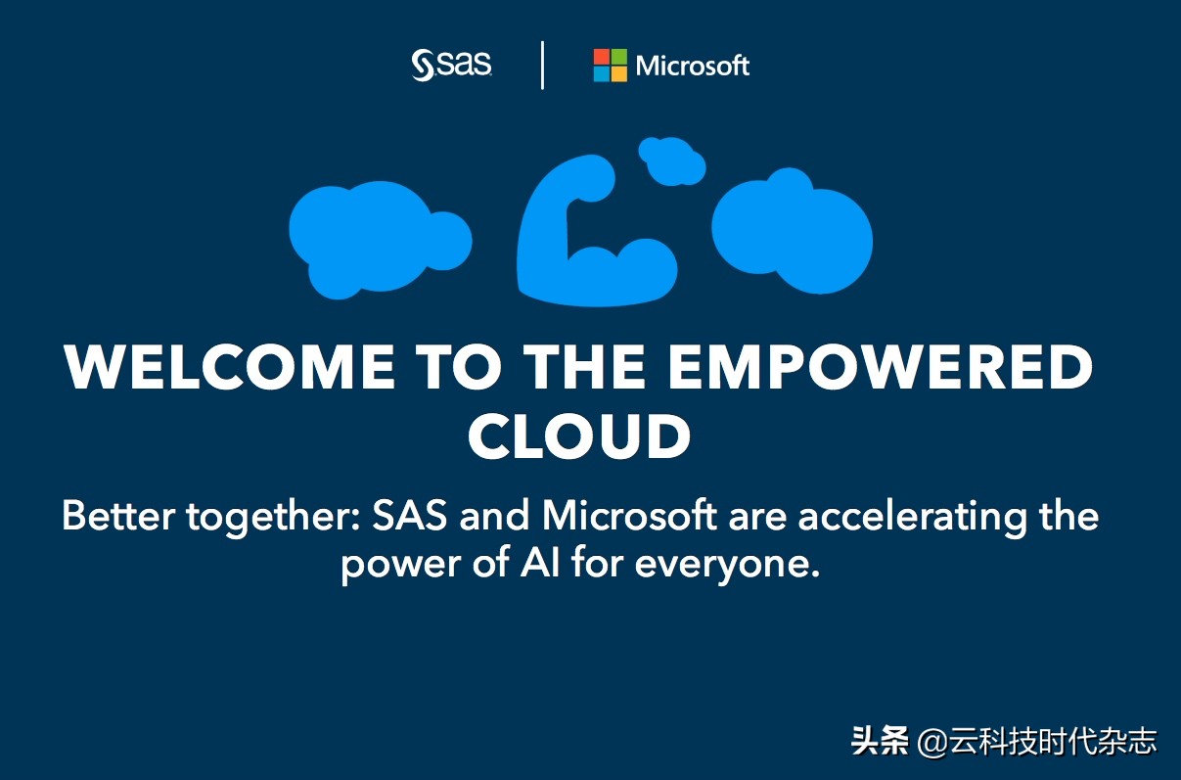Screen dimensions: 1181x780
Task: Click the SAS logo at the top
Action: [451, 65]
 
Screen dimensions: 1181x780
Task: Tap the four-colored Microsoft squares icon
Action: [610, 66]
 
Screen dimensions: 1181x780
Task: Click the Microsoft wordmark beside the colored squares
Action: [692, 66]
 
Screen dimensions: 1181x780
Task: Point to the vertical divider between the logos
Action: [542, 66]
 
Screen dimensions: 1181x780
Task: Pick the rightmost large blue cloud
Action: [792, 232]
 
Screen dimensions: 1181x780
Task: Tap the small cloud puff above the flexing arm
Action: [671, 161]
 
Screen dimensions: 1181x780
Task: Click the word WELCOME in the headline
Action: [229, 367]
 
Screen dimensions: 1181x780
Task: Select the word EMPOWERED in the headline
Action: [881, 367]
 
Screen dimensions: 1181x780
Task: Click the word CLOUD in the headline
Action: [579, 436]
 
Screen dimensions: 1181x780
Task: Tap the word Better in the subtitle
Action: [118, 515]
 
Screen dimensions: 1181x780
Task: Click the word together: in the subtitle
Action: [274, 518]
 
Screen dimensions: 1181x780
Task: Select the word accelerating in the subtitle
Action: [913, 518]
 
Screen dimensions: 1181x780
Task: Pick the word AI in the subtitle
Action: [540, 564]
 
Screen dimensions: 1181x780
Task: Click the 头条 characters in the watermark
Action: [881, 741]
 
